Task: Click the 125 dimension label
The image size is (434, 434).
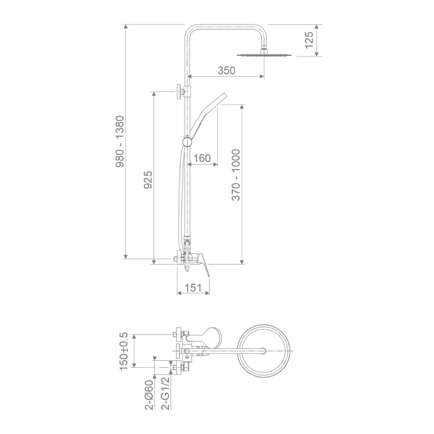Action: point(309,40)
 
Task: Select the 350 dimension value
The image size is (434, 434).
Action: point(227,71)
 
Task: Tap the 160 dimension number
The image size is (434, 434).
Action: point(202,158)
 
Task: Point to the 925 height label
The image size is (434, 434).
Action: point(148,180)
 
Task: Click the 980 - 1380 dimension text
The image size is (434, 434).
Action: point(120,141)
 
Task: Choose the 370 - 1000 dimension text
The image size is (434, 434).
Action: point(236,174)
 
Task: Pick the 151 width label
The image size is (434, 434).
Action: point(193,288)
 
